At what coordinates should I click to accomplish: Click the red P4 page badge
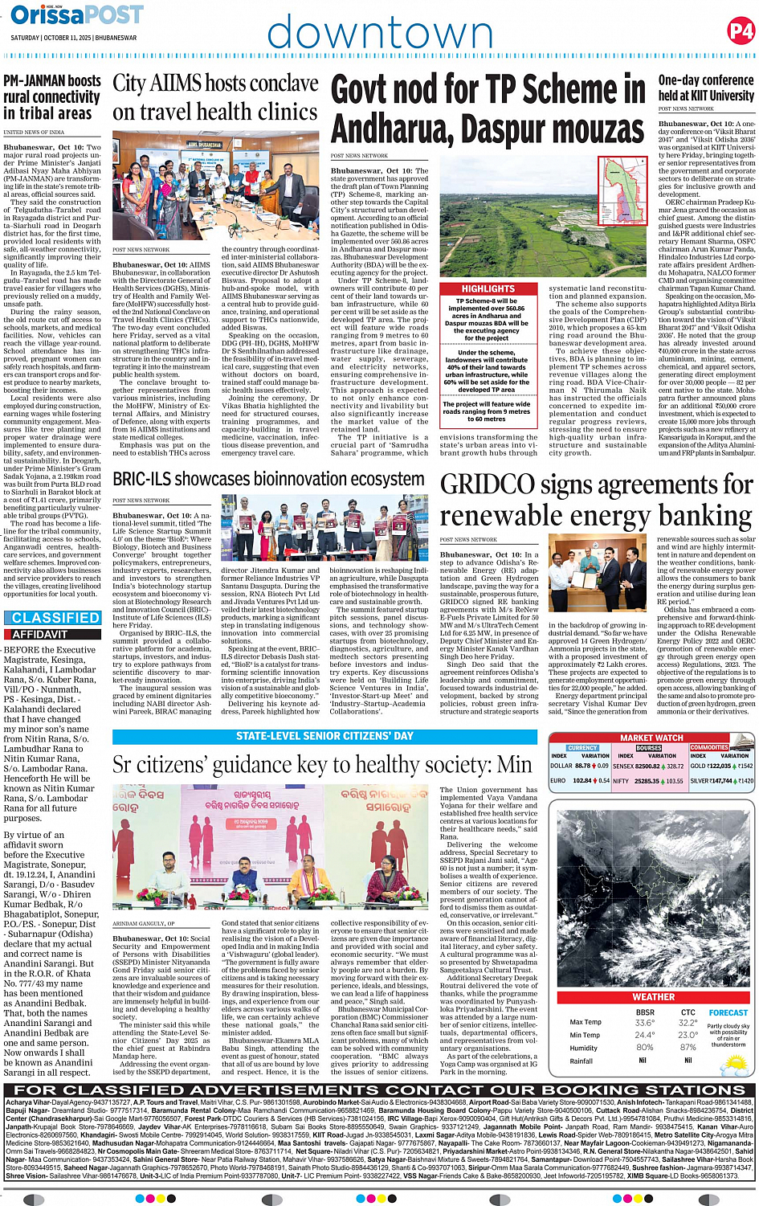(x=741, y=31)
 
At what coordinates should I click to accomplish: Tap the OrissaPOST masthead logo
(x=77, y=14)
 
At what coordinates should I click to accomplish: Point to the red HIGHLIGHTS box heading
(x=488, y=288)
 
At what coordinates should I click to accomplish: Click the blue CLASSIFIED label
(x=55, y=618)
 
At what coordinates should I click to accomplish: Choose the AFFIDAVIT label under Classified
(x=40, y=635)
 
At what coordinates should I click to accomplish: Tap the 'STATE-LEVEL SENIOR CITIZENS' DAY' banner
(x=324, y=736)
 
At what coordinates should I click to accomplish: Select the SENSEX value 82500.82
(x=647, y=767)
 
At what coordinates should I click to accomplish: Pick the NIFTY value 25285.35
(x=647, y=781)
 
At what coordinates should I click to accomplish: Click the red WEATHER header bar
(x=653, y=996)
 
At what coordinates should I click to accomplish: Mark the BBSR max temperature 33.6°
(x=644, y=1023)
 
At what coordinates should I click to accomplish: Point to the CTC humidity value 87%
(x=688, y=1048)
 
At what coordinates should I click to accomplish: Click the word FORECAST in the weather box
(x=728, y=1013)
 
